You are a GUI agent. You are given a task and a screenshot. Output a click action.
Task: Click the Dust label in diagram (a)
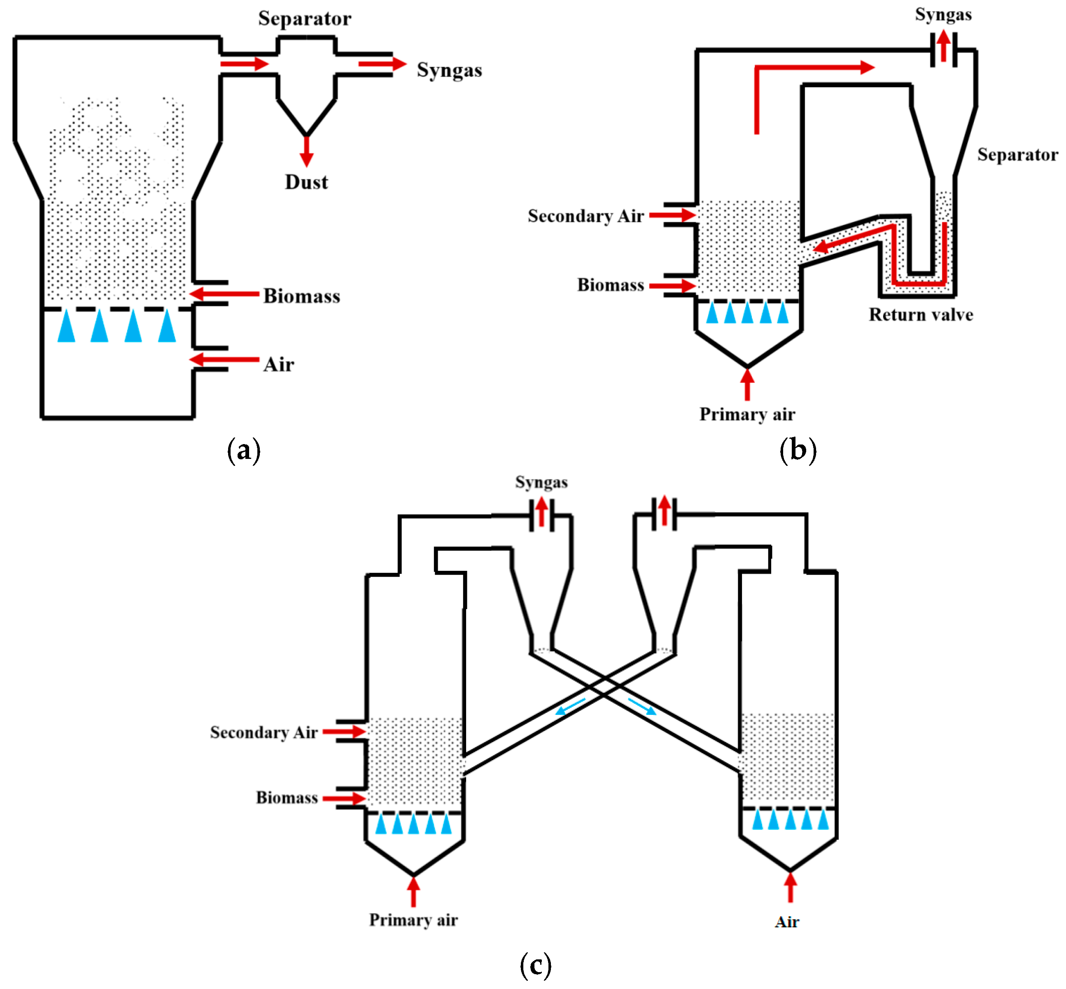pos(306,182)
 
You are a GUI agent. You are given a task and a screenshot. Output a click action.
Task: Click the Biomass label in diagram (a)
pos(301,296)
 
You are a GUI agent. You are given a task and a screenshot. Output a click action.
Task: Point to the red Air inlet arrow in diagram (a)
pos(225,360)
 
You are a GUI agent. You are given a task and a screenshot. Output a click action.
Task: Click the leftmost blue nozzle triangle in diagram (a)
pos(66,326)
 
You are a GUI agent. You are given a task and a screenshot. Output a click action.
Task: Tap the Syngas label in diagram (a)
pos(449,70)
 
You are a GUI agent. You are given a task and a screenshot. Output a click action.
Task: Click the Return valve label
pos(920,315)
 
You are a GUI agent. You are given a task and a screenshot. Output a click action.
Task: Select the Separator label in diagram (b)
pos(1017,155)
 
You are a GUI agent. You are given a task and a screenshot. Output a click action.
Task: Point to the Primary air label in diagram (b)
pos(747,414)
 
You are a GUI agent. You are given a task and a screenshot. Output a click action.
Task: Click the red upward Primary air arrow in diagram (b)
pos(747,385)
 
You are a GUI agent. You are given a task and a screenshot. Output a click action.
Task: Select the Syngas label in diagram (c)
pos(541,482)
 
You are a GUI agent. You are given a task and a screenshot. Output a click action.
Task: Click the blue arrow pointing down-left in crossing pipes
pos(570,707)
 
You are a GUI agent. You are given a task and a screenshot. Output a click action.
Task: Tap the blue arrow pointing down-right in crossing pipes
pos(642,706)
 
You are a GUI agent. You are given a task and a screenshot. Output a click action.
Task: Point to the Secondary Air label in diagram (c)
pos(264,732)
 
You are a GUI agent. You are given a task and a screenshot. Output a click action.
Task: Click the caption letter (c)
pos(535,966)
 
